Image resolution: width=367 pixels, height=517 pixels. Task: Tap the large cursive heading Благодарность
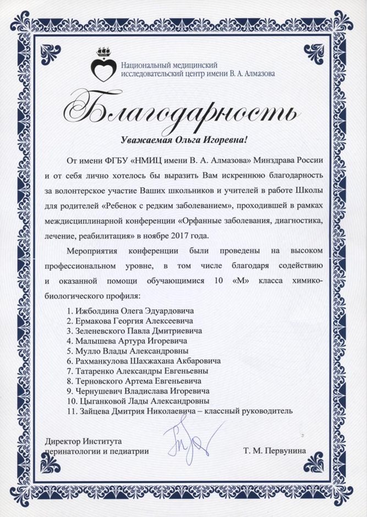coord(184,109)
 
